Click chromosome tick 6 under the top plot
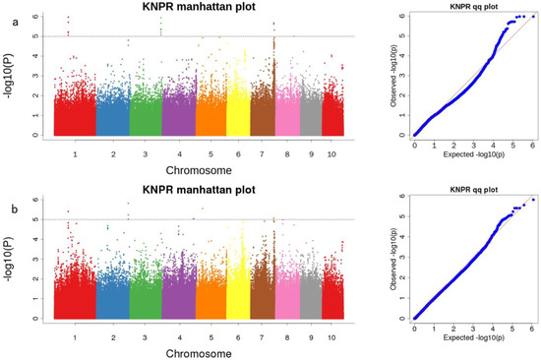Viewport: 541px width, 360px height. [x=237, y=153]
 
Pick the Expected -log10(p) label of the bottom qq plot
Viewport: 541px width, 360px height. [x=474, y=338]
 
